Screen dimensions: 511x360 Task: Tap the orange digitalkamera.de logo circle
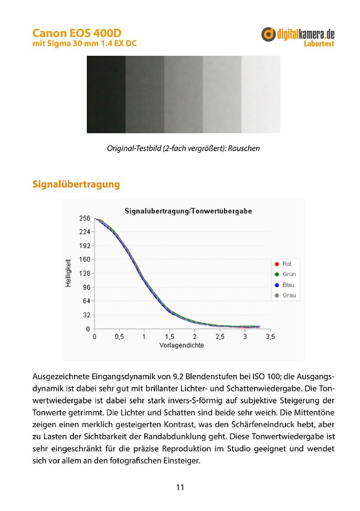click(x=268, y=34)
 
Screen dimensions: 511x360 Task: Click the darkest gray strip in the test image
click(x=106, y=94)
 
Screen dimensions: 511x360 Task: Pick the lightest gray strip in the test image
click(x=260, y=94)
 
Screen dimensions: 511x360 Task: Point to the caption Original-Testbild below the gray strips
click(x=183, y=148)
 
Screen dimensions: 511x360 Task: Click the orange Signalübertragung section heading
click(x=76, y=184)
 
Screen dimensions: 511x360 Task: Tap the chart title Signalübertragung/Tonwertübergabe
click(x=188, y=211)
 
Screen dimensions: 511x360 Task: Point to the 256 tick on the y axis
click(x=85, y=218)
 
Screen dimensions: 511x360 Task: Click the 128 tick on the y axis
click(x=85, y=273)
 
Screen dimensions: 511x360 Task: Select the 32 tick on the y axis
click(x=87, y=315)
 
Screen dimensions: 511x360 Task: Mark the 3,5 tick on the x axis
click(x=270, y=337)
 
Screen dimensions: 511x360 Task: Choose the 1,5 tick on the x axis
click(x=170, y=337)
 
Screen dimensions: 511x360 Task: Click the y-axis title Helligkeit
click(x=68, y=273)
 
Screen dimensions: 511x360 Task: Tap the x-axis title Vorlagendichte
click(x=182, y=346)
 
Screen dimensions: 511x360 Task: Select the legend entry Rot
click(x=286, y=264)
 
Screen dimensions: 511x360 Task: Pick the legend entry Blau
click(x=288, y=285)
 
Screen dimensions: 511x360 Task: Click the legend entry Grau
click(x=288, y=295)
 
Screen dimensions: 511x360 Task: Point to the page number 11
click(x=180, y=487)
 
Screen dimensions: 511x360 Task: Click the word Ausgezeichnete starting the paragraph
click(x=61, y=377)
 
